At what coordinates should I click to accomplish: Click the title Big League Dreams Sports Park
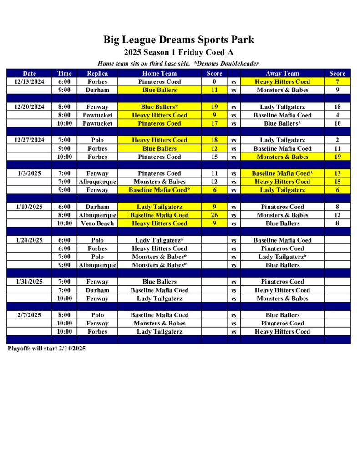click(x=178, y=40)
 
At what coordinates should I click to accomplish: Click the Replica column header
click(x=97, y=73)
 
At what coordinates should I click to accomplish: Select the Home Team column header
click(x=159, y=73)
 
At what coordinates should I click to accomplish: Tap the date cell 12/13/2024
click(x=30, y=82)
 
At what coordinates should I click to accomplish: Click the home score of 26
click(x=214, y=215)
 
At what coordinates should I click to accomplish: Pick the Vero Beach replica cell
click(x=97, y=223)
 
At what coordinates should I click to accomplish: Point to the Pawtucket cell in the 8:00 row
click(x=97, y=115)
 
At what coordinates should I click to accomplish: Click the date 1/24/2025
click(x=30, y=240)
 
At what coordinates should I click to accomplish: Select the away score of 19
click(x=337, y=157)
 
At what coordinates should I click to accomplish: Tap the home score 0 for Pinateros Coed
click(x=214, y=82)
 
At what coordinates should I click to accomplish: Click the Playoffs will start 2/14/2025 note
click(x=46, y=349)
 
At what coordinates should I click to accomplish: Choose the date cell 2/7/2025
click(x=30, y=315)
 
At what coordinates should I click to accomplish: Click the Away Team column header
click(x=282, y=73)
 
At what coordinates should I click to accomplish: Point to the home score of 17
click(x=214, y=123)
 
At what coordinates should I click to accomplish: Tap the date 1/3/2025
click(x=30, y=173)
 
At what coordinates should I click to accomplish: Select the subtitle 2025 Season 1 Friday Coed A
click(x=178, y=52)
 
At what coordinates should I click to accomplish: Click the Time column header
click(x=65, y=73)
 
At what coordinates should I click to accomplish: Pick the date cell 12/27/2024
click(x=30, y=140)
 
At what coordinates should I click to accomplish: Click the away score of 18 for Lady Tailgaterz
click(x=337, y=107)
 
